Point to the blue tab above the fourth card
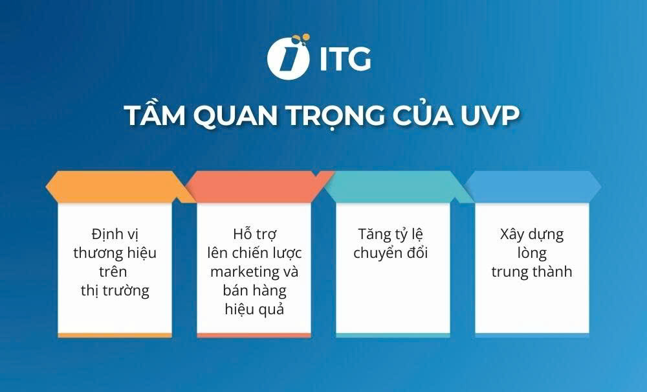pyautogui.click(x=532, y=187)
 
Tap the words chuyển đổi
pyautogui.click(x=391, y=252)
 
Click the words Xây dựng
pyautogui.click(x=532, y=233)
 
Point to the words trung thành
pyautogui.click(x=532, y=271)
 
